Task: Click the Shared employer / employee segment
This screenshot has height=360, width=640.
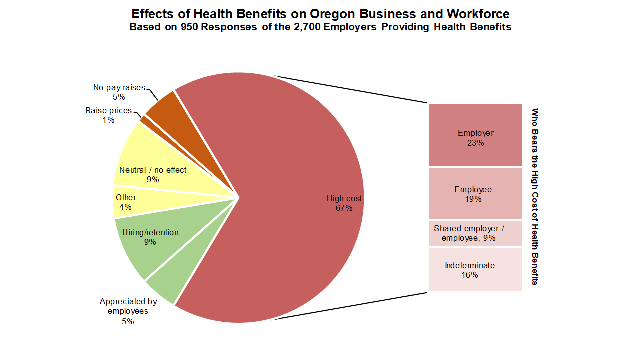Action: (475, 234)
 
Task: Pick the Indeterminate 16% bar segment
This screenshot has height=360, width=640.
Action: (475, 270)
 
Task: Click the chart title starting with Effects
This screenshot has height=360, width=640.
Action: (320, 13)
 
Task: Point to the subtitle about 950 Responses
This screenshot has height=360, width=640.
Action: (320, 27)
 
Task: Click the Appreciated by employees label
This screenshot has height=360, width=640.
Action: (128, 306)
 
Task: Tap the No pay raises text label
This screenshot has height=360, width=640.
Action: (119, 88)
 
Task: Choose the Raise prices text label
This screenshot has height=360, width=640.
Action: (108, 111)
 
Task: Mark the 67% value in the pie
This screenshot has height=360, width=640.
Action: (344, 208)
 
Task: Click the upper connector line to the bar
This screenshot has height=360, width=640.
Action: (350, 90)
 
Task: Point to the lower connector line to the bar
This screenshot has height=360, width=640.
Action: (350, 306)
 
